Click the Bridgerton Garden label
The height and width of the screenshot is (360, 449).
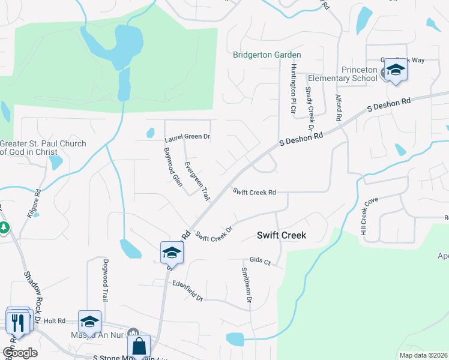[x=267, y=55]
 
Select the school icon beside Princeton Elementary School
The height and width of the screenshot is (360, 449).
[x=396, y=71]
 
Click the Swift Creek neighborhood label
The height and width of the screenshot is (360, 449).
[x=282, y=235]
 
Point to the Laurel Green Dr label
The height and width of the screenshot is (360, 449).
[x=187, y=138]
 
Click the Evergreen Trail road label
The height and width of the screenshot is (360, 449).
[x=197, y=181]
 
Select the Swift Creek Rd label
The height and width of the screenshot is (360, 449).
[x=254, y=192]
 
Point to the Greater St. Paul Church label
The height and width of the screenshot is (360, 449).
[x=43, y=148]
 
